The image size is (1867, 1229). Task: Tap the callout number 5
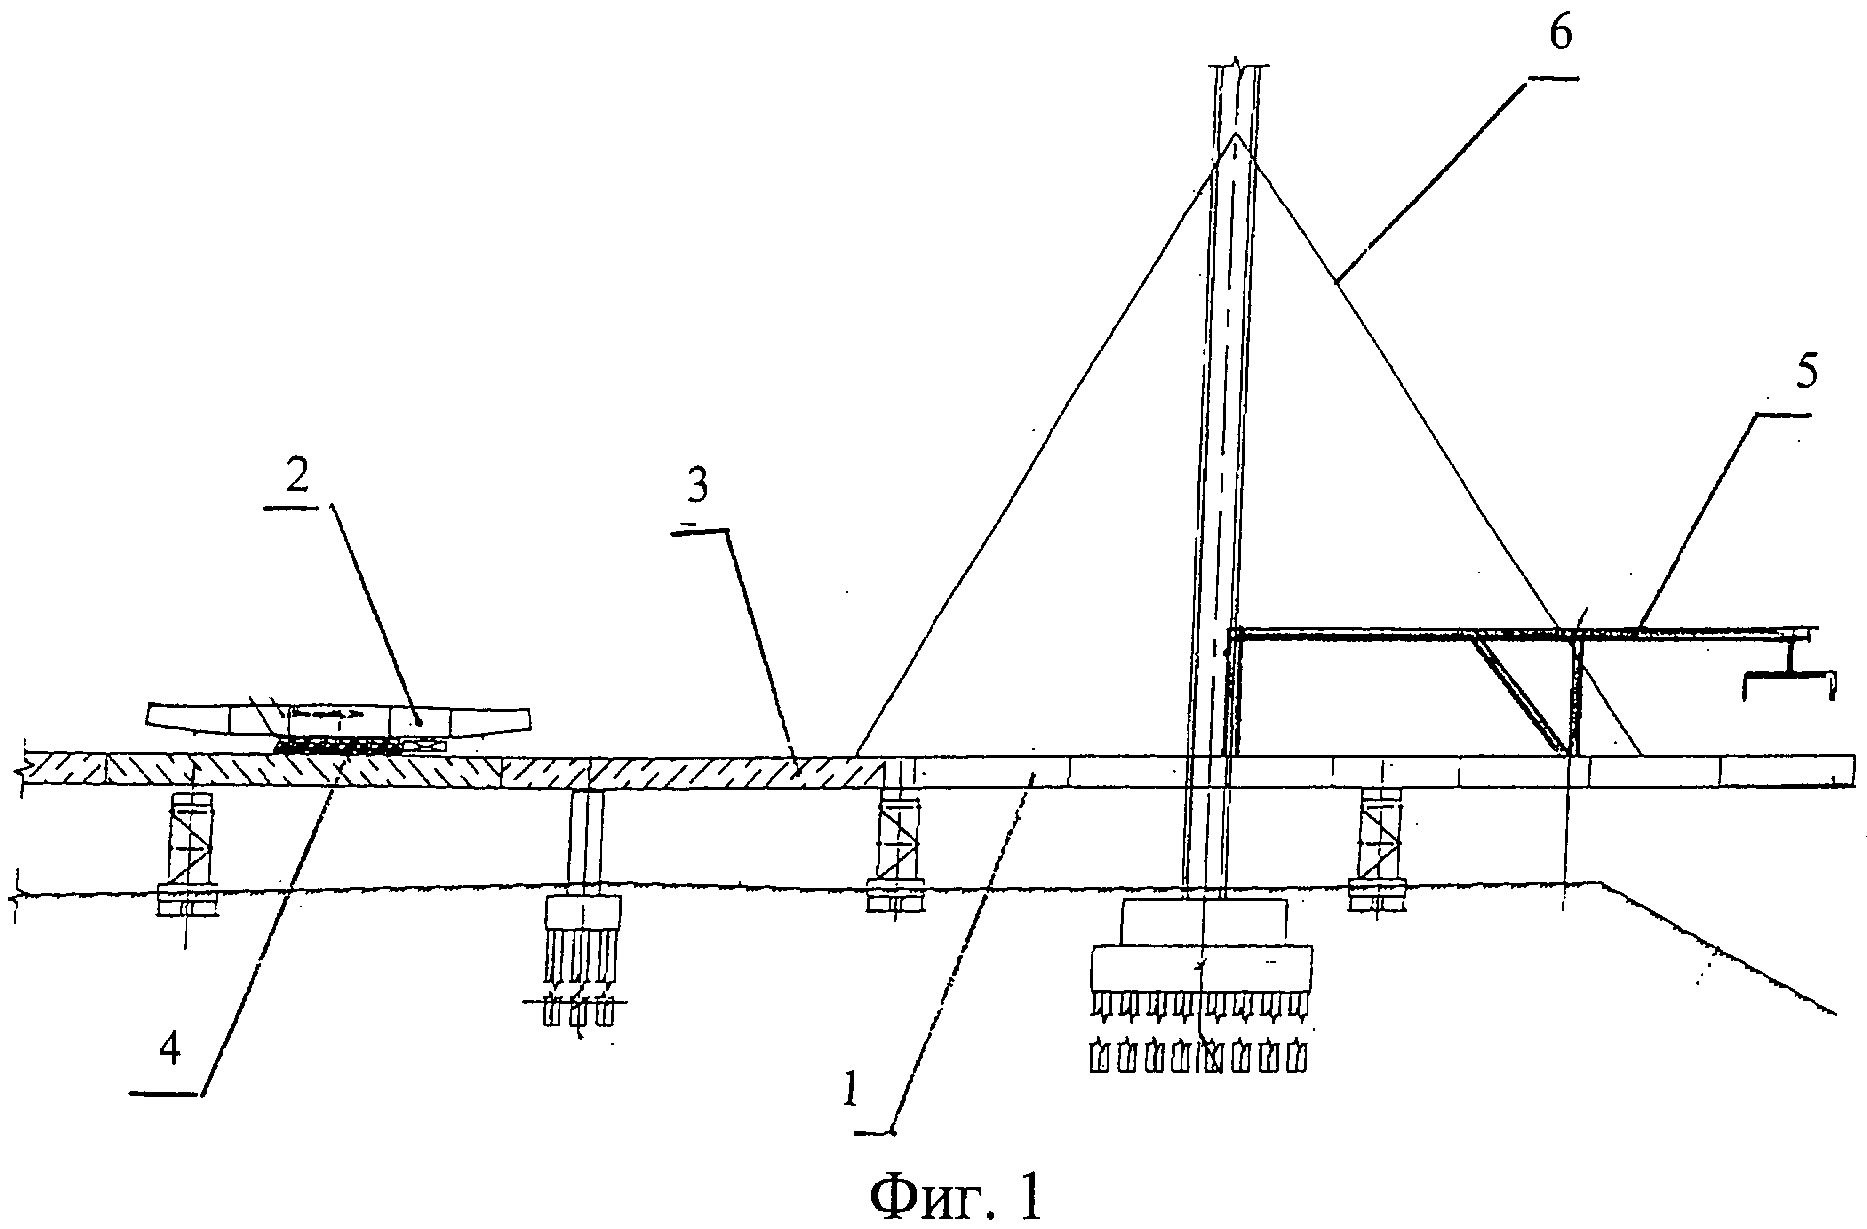coord(1806,373)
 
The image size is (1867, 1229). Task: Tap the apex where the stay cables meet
coord(1236,133)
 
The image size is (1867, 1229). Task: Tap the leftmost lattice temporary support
coord(188,851)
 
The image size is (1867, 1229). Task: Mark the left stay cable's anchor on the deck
coord(857,754)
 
